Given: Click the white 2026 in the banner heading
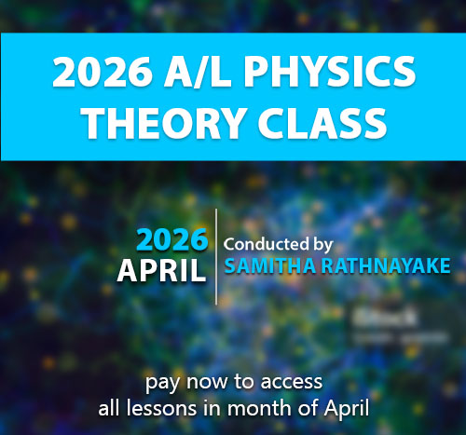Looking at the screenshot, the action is pyautogui.click(x=103, y=73).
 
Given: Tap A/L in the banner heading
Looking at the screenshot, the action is pyautogui.click(x=198, y=73).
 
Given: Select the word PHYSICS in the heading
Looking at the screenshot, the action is pyautogui.click(x=330, y=73).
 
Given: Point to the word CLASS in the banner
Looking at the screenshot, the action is pyautogui.click(x=322, y=123).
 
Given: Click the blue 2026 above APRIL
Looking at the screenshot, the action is pyautogui.click(x=171, y=239).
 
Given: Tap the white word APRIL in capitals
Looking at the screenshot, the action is pyautogui.click(x=161, y=271).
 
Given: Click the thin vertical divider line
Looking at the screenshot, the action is pyautogui.click(x=216, y=257).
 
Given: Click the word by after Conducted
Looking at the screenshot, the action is pyautogui.click(x=322, y=245).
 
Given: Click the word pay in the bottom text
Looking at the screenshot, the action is pyautogui.click(x=162, y=383).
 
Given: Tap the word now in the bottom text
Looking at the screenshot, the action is pyautogui.click(x=207, y=382).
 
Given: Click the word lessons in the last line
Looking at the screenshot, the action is pyautogui.click(x=161, y=408).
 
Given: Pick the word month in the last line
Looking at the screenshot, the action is pyautogui.click(x=260, y=408).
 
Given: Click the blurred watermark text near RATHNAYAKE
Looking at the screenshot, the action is pyautogui.click(x=400, y=326).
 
